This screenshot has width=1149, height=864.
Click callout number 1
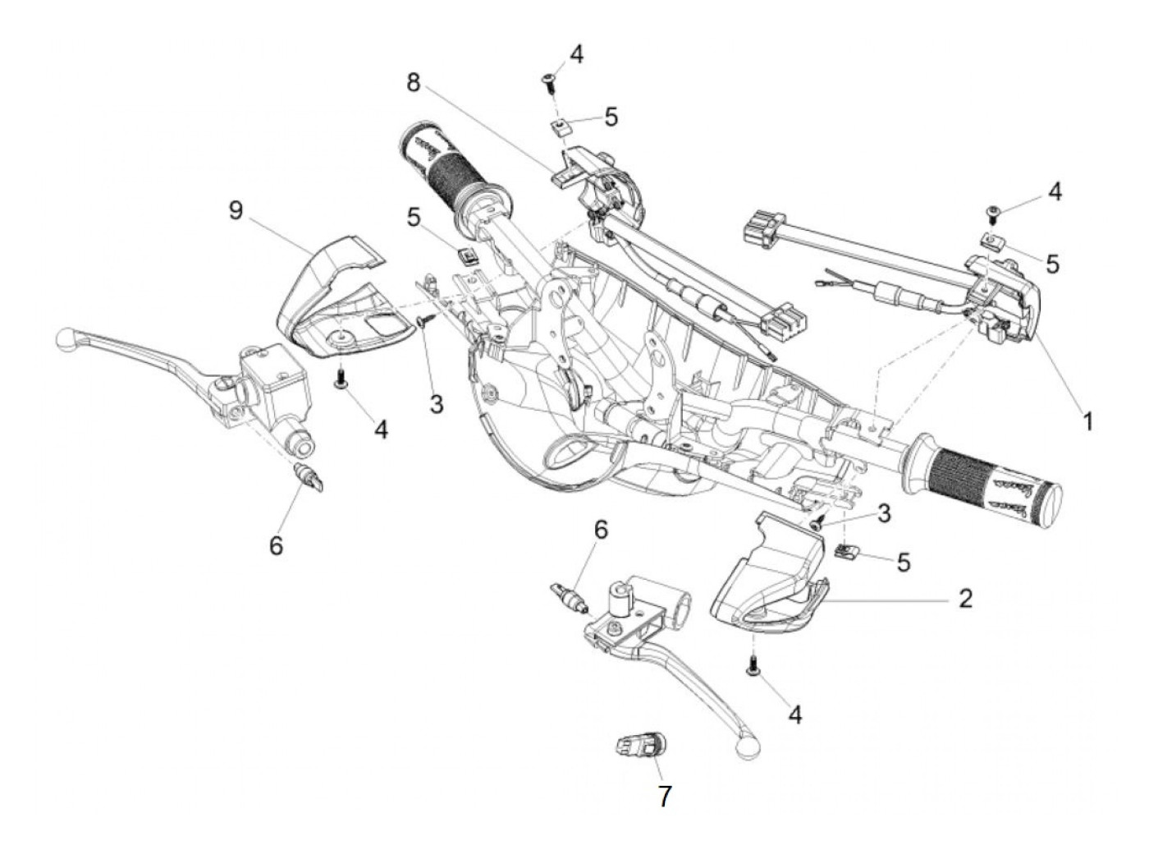point(1087,422)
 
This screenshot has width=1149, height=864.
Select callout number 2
point(965,599)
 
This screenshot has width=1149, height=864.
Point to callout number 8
point(412,82)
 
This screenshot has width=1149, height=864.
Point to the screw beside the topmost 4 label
point(548,80)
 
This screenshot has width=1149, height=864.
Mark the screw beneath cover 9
point(339,378)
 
